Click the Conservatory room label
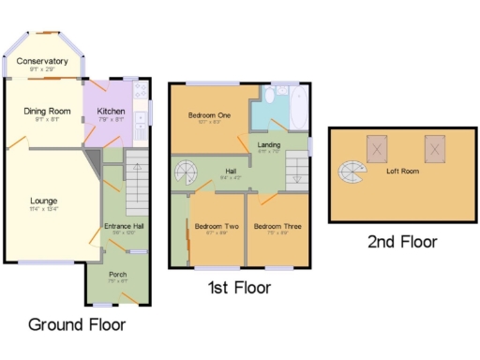(x=48, y=61)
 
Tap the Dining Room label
(x=47, y=112)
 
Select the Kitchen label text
(x=111, y=112)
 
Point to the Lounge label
(x=43, y=201)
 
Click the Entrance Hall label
(x=124, y=228)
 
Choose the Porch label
(x=117, y=275)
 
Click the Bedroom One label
(x=209, y=115)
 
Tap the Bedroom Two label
(x=214, y=226)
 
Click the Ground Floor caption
(x=76, y=324)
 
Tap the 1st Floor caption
(x=239, y=287)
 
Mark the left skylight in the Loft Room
(x=378, y=148)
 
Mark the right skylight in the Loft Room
(x=434, y=148)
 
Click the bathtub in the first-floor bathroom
(x=296, y=109)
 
